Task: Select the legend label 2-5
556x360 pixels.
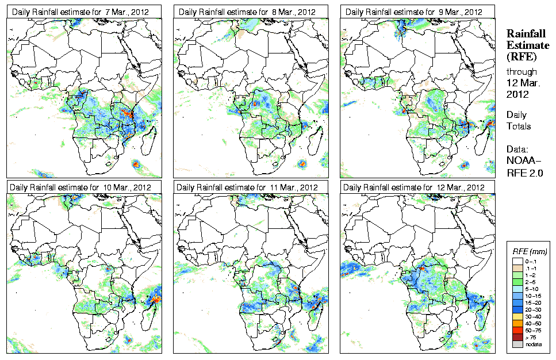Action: click(x=531, y=282)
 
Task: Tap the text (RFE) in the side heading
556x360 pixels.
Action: click(x=521, y=57)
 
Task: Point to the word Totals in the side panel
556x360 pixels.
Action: click(x=519, y=126)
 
